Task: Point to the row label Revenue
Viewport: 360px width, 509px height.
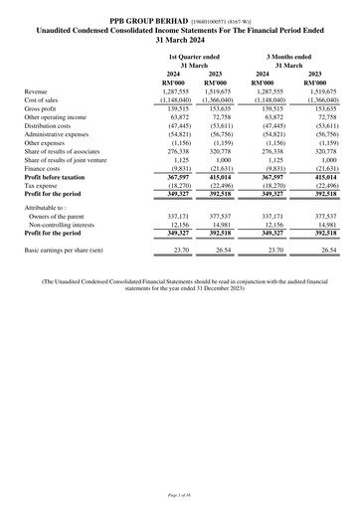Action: point(39,90)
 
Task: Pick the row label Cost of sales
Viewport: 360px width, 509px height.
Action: point(44,99)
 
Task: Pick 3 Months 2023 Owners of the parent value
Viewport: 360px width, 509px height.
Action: point(317,215)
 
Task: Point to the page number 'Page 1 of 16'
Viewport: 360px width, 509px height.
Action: point(179,494)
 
